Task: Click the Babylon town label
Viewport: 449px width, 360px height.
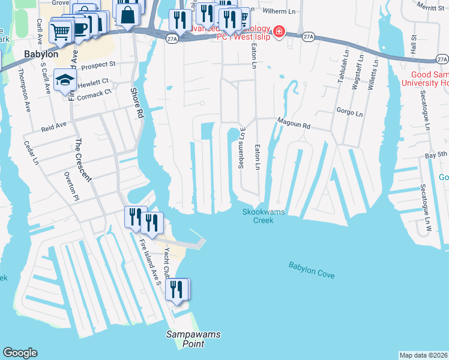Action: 41,54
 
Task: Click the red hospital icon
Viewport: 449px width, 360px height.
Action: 279,32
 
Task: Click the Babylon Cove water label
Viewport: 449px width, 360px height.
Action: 311,269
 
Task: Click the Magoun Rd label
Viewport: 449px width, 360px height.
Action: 294,125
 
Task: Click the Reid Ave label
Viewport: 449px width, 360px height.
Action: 53,127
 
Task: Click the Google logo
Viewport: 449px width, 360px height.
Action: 20,353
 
